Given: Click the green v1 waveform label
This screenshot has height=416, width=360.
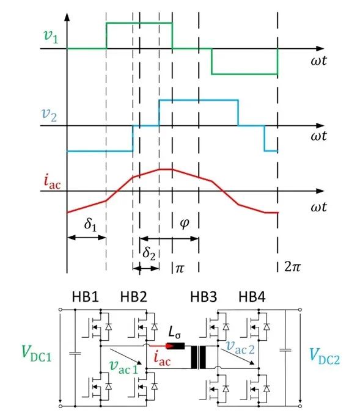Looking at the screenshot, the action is click(51, 36).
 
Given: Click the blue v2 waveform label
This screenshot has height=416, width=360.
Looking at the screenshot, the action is click(50, 115).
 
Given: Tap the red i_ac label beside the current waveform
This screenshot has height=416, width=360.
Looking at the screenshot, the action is click(52, 181).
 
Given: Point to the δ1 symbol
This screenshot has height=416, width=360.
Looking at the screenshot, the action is click(90, 225).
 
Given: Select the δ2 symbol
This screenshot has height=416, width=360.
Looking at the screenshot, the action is click(149, 253).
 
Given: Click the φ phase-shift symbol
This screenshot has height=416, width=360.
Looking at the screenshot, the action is click(185, 223).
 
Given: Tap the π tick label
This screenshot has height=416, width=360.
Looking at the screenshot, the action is click(180, 269).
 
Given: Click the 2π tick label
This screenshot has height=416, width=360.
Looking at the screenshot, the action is click(292, 266).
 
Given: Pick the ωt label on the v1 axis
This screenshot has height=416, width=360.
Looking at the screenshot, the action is click(318, 60).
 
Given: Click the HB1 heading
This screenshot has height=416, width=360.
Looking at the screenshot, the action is click(85, 297).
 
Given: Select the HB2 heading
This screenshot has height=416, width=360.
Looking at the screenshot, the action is click(133, 297).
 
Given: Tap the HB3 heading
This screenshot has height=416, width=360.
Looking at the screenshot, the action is click(204, 297).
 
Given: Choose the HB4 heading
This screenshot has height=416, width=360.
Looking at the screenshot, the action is click(252, 297).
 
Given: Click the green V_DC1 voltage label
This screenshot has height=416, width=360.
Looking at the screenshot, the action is click(37, 354).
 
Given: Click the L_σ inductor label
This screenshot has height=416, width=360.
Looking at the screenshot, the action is click(175, 332).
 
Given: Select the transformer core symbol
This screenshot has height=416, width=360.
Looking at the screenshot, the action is click(198, 357).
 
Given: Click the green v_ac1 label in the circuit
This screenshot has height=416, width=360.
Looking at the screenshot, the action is click(124, 367).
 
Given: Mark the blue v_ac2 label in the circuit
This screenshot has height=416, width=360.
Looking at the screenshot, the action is click(240, 348).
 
